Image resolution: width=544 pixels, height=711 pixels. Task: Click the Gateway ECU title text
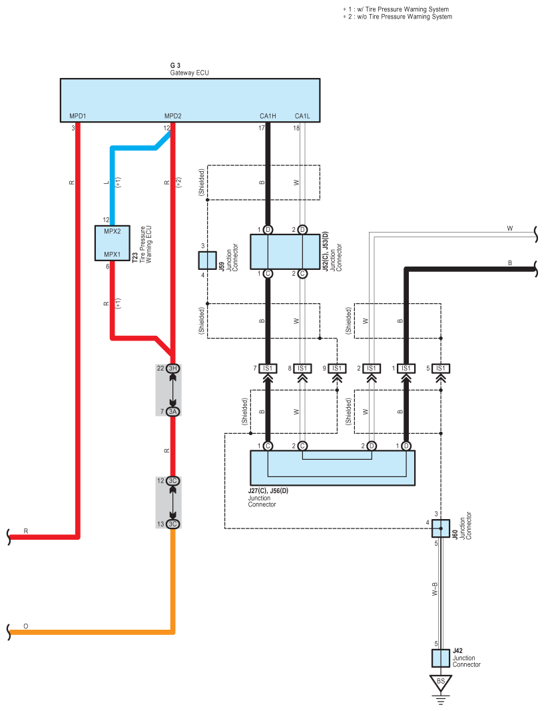tap(189, 73)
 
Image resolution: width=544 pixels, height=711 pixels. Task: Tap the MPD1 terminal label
tap(77, 116)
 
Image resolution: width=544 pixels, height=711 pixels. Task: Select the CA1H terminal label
tap(268, 116)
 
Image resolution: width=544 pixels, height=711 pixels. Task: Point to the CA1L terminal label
tap(302, 116)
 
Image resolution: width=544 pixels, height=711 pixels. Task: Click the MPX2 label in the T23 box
tap(113, 231)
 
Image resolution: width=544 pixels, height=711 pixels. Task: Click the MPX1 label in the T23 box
tap(113, 255)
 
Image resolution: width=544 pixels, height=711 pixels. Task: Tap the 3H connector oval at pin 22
tap(172, 368)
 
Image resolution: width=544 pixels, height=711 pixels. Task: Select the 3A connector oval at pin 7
tap(172, 412)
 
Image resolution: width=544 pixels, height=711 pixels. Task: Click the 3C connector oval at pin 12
tap(172, 480)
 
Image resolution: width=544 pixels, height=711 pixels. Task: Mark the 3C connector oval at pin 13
tap(172, 524)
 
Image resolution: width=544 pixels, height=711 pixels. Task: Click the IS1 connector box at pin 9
tap(337, 368)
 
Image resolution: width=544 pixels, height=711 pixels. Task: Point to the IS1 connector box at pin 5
tap(441, 368)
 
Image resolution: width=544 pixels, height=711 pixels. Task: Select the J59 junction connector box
tap(208, 261)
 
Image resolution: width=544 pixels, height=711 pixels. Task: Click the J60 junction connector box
tap(441, 528)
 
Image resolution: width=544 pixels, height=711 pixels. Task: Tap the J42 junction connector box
tap(441, 658)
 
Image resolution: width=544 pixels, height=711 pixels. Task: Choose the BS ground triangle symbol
tap(441, 682)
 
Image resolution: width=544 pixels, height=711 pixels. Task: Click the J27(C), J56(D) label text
tap(268, 490)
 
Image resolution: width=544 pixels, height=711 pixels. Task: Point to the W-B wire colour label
tap(435, 589)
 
